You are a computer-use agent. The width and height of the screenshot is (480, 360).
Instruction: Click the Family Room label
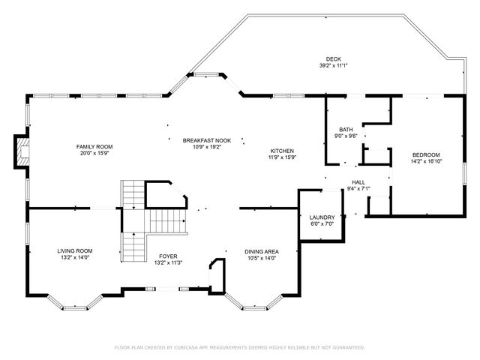[x=94, y=147]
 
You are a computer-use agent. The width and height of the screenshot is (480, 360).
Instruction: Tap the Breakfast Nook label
[x=207, y=140]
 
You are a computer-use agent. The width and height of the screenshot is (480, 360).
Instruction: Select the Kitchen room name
[x=282, y=151]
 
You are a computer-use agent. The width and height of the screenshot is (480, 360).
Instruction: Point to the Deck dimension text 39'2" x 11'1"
[x=333, y=65]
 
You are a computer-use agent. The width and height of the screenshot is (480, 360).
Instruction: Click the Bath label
[x=346, y=130]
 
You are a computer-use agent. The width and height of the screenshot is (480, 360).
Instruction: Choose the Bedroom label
[x=426, y=155]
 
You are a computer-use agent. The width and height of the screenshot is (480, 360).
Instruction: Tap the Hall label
[x=358, y=182]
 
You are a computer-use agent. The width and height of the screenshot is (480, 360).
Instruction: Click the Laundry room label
[x=322, y=217]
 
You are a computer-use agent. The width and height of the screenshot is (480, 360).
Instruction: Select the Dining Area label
[x=262, y=252]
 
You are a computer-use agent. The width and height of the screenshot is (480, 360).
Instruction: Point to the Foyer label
[x=168, y=256]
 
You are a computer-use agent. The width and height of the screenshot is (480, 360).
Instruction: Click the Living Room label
[x=75, y=251]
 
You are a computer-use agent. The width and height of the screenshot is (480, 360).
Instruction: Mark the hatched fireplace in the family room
[x=23, y=151]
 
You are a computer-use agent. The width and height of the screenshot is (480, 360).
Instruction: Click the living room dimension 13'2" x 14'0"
[x=75, y=257]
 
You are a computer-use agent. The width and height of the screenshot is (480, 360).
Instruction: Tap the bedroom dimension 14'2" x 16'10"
[x=426, y=161]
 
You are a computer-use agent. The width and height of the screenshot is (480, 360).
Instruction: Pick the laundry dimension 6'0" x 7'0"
[x=322, y=223]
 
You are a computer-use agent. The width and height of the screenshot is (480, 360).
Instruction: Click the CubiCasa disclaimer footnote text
[x=240, y=347]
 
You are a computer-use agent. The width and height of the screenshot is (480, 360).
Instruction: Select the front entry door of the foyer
[x=167, y=289]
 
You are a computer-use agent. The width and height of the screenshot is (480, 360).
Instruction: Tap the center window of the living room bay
[x=75, y=307]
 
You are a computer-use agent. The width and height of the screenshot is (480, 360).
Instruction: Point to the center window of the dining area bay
[x=255, y=307]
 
